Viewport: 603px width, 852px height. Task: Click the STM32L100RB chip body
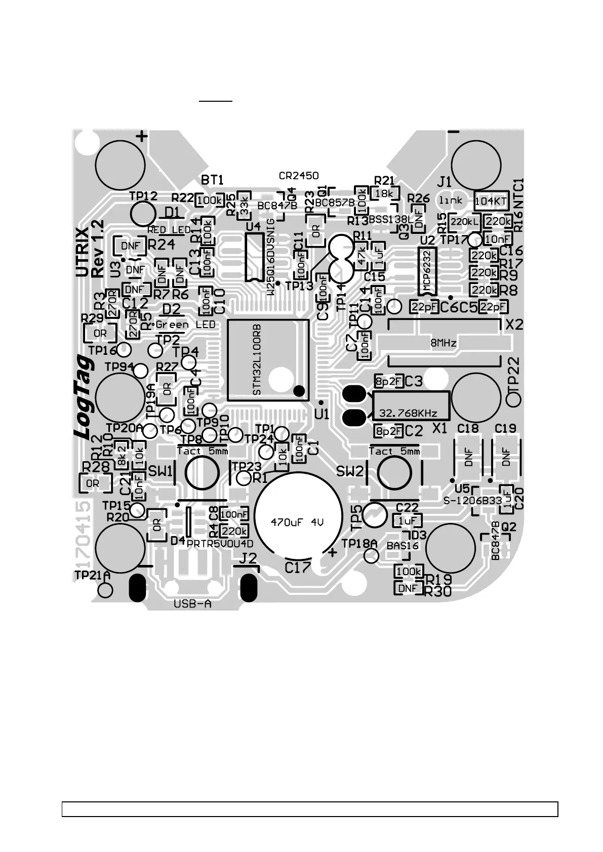267,359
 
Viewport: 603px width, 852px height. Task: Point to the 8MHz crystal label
443,343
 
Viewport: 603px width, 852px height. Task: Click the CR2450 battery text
299,176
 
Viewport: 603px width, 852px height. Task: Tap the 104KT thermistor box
490,201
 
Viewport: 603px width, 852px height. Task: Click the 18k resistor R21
385,193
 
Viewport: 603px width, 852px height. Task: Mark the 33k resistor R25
244,205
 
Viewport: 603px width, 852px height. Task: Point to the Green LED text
185,324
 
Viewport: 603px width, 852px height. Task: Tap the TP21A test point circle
106,590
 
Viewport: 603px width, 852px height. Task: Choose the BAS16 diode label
403,546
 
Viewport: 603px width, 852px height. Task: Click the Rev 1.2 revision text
98,248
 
